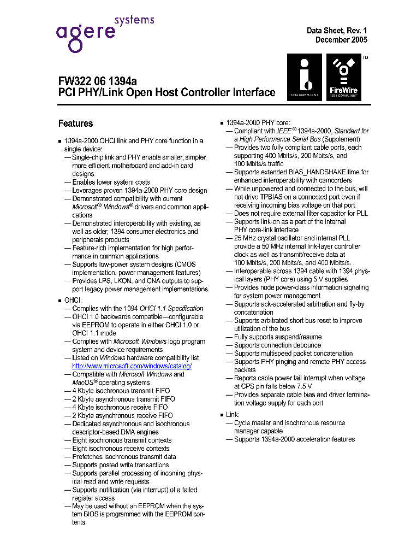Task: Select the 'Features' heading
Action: pyautogui.click(x=75, y=123)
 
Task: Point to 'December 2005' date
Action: pyautogui.click(x=341, y=40)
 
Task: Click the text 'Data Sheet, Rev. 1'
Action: pyautogui.click(x=337, y=31)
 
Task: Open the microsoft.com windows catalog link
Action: pyautogui.click(x=132, y=366)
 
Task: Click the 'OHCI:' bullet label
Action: pyautogui.click(x=73, y=300)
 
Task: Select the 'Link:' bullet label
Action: pyautogui.click(x=233, y=415)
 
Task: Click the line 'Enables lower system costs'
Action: pyautogui.click(x=111, y=182)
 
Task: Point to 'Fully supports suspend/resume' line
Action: pyautogui.click(x=278, y=337)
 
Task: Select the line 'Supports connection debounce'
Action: pyautogui.click(x=277, y=345)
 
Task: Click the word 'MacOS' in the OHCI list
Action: pyautogui.click(x=84, y=383)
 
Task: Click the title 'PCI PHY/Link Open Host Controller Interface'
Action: pyautogui.click(x=166, y=93)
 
